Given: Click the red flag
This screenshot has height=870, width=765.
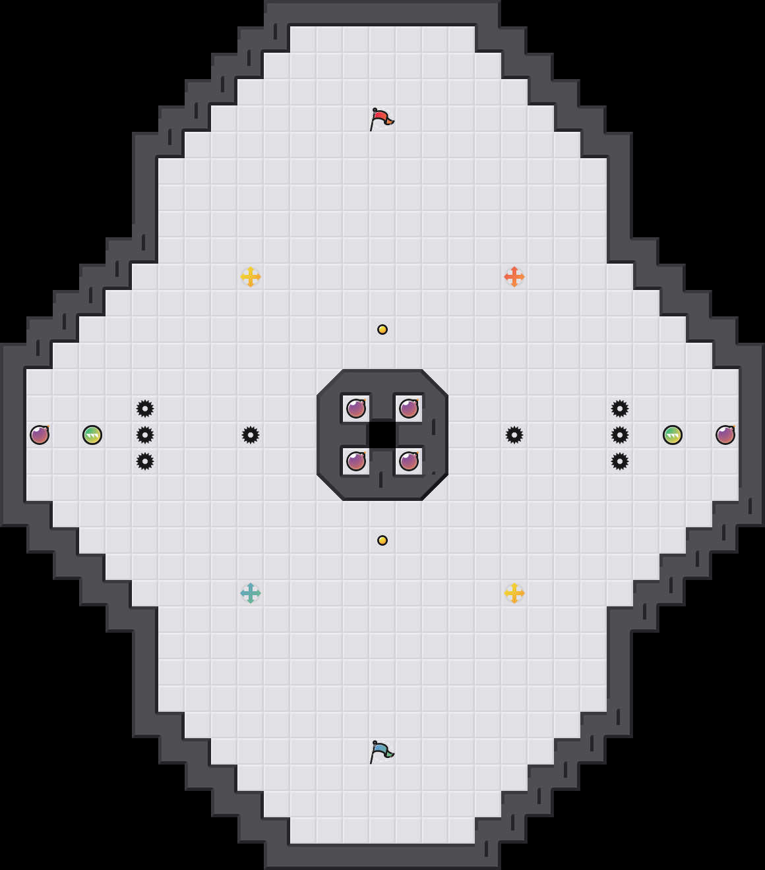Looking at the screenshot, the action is click(381, 119).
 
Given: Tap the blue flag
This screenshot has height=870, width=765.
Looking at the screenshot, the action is click(381, 751).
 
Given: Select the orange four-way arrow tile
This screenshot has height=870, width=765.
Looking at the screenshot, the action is click(514, 277).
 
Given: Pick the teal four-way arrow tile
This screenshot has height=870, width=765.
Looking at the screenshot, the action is click(251, 593).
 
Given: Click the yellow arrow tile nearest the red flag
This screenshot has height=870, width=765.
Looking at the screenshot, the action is click(251, 277).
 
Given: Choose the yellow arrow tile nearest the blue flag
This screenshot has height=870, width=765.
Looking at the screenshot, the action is click(514, 593).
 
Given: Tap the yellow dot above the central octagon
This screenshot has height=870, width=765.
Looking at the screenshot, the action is click(382, 330).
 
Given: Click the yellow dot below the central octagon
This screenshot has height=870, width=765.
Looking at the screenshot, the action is click(382, 540).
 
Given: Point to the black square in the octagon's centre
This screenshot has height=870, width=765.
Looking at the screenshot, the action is click(382, 435).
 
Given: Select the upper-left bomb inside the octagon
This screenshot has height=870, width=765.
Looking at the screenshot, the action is click(356, 409).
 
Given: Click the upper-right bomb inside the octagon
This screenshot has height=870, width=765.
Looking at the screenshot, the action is click(409, 409).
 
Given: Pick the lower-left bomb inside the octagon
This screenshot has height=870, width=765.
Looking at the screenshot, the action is click(356, 461).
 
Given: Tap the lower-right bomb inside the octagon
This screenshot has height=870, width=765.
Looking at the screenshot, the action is click(409, 461).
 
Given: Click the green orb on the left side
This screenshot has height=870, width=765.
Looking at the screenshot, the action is click(92, 435).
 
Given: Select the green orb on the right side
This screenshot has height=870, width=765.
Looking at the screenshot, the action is click(673, 435).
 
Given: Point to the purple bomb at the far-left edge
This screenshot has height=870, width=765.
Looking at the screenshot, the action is click(40, 435).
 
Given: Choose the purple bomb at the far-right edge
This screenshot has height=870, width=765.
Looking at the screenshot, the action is click(725, 435).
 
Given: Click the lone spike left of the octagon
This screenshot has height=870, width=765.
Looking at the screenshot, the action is click(251, 435).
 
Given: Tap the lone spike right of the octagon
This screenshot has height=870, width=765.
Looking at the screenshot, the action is click(514, 435).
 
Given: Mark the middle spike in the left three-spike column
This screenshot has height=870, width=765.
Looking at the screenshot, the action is click(145, 435).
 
